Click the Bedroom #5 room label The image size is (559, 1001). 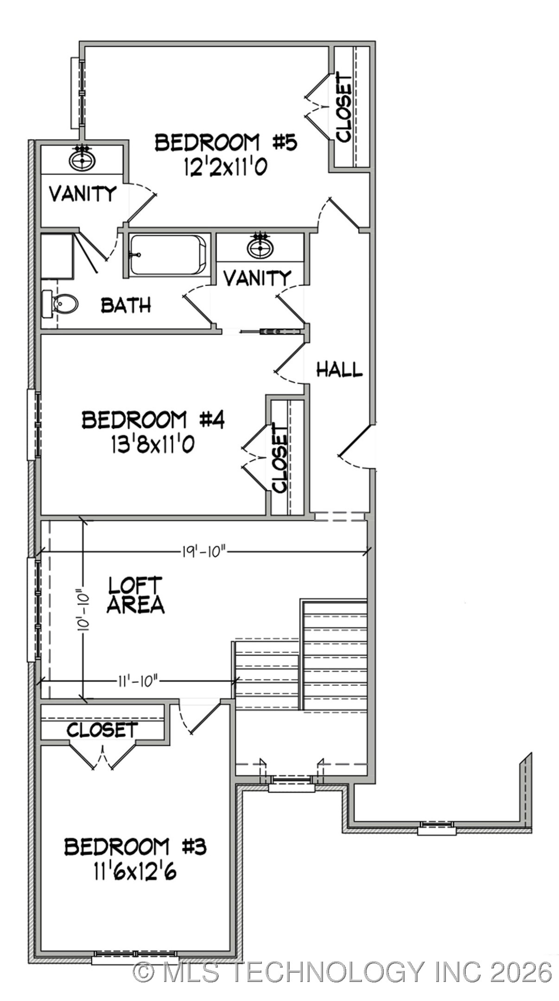click(225, 142)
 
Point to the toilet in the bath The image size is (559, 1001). click(60, 304)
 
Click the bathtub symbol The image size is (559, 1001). click(167, 255)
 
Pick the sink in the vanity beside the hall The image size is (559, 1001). click(260, 247)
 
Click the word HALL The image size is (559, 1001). click(339, 369)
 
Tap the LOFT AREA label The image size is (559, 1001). click(135, 595)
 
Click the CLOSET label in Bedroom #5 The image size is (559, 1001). click(343, 107)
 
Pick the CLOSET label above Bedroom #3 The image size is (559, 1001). click(102, 730)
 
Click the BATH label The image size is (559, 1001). click(126, 305)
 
